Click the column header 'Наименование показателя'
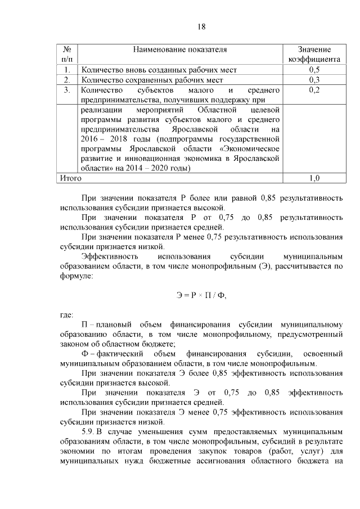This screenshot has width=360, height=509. pyautogui.click(x=180, y=49)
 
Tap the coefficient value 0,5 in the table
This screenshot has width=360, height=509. pyautogui.click(x=314, y=70)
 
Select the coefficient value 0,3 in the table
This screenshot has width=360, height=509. pyautogui.click(x=314, y=80)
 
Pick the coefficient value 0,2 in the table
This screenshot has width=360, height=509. pyautogui.click(x=314, y=90)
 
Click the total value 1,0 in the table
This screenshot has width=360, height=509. pyautogui.click(x=314, y=178)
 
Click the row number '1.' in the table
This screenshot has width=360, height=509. pyautogui.click(x=67, y=70)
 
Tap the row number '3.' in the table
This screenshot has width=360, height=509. pyautogui.click(x=67, y=90)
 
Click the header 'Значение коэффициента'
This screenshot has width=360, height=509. pyautogui.click(x=314, y=54)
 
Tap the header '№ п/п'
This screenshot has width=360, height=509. pyautogui.click(x=66, y=54)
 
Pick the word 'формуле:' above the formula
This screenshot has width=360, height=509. pyautogui.click(x=76, y=276)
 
